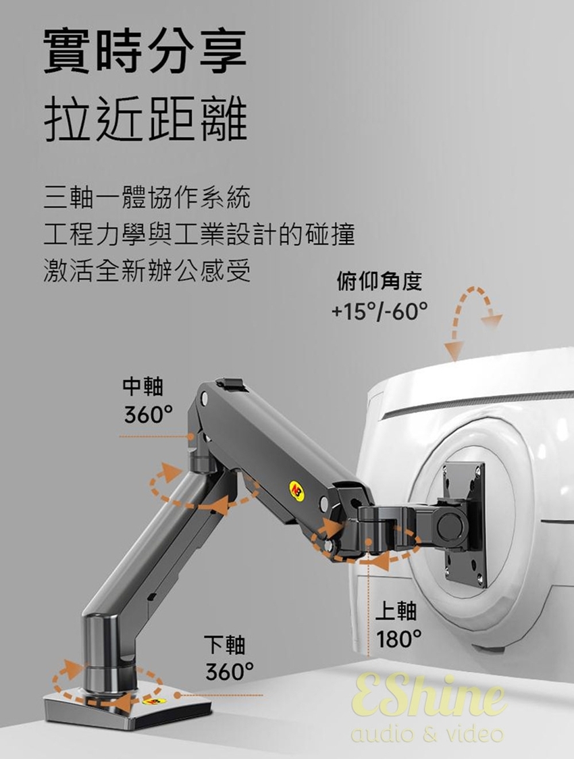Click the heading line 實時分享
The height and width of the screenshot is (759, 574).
(145, 52)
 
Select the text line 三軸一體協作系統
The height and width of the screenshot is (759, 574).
(147, 199)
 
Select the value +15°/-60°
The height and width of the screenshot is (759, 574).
(379, 311)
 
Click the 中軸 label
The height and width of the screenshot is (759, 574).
(142, 386)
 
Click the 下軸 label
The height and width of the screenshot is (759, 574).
(226, 644)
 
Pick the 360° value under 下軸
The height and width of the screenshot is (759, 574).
(230, 672)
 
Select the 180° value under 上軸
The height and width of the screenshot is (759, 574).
(399, 639)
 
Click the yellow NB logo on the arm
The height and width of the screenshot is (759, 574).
(296, 491)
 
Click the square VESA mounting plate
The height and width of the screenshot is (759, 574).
(465, 523)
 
